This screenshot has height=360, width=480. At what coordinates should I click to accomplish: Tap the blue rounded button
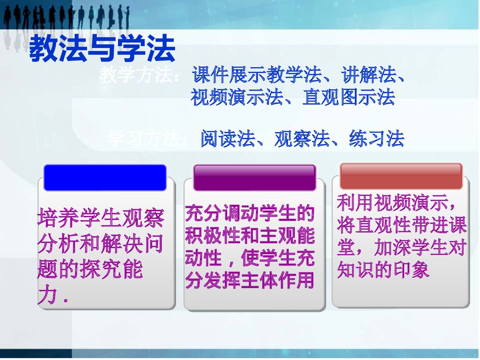[105, 178]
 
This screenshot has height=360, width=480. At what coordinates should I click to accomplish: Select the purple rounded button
[254, 178]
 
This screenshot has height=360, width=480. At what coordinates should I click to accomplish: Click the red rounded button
[401, 176]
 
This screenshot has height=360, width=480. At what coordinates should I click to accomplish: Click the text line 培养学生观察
[101, 219]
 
